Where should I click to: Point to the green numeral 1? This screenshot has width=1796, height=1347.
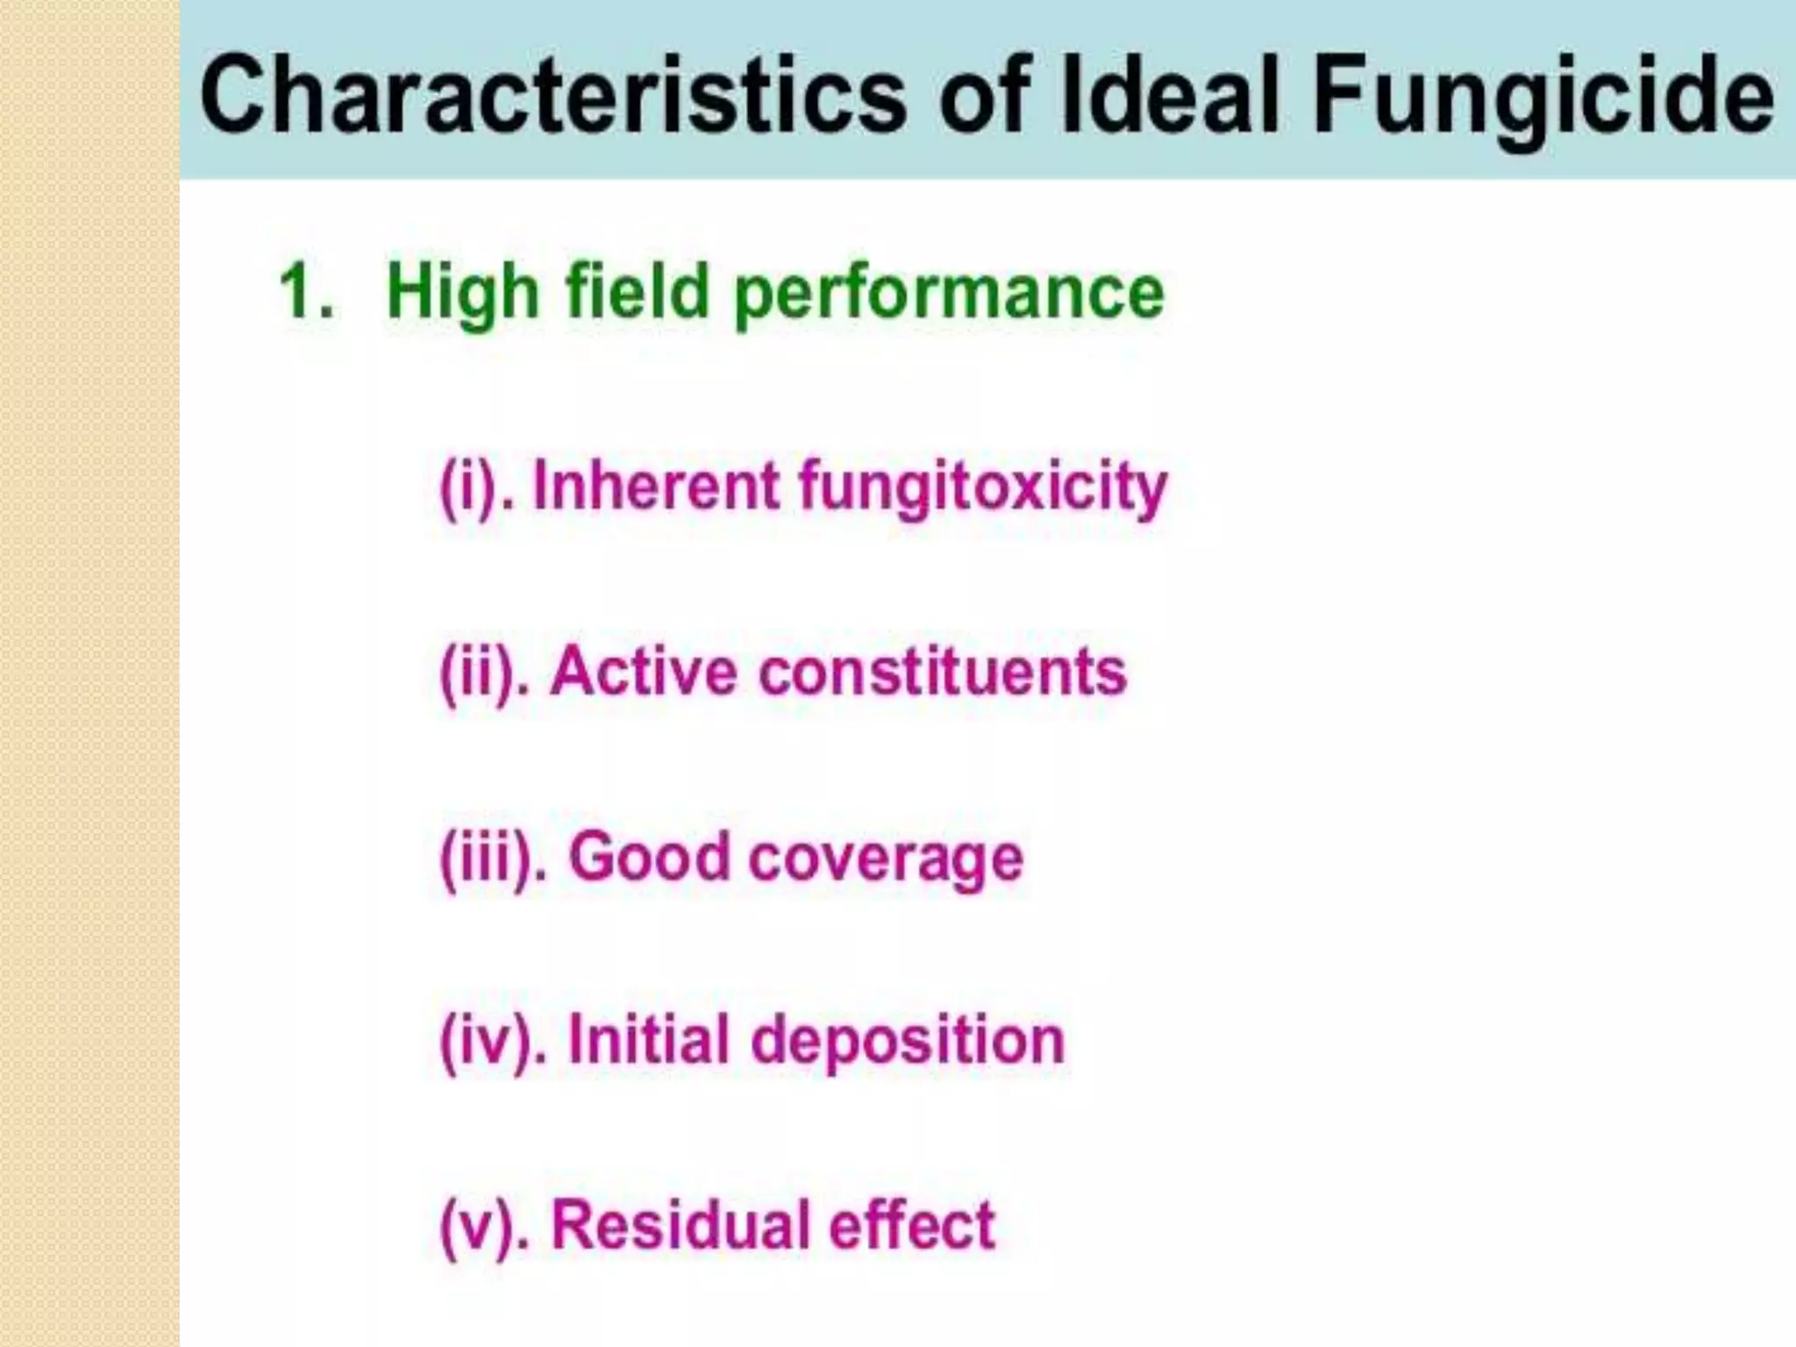coord(303,291)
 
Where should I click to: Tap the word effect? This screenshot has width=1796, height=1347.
coord(912,1225)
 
